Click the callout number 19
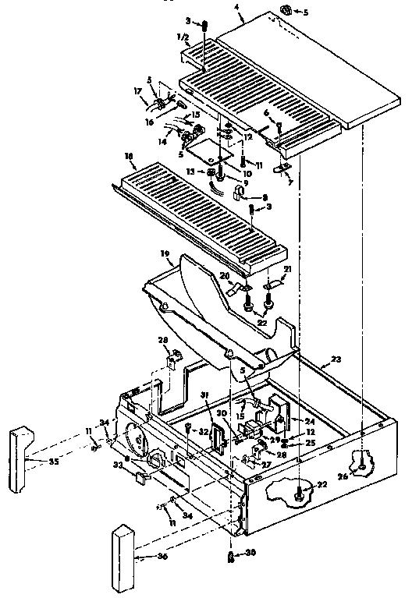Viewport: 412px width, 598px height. [x=165, y=254]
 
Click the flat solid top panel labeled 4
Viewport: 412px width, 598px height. [x=312, y=70]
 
